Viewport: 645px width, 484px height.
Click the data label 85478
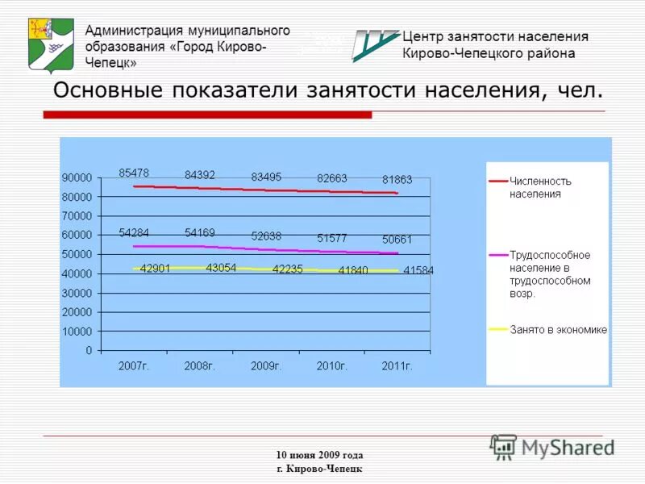134,173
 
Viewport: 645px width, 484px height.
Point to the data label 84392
200,174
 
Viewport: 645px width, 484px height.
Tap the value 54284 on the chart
134,233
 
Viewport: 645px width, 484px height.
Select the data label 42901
155,269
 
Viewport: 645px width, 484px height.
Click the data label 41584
418,270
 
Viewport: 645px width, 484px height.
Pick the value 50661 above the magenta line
397,240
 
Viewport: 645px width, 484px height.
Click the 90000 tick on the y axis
77,177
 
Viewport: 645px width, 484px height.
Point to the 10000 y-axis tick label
77,332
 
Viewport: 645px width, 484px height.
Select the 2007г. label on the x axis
134,366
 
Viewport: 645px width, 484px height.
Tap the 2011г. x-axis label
397,366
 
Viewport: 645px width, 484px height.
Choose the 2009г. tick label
265,366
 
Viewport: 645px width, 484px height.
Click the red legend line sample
497,181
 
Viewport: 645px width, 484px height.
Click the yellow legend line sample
497,330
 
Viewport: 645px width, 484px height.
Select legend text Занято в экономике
559,330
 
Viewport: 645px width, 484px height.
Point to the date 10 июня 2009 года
319,455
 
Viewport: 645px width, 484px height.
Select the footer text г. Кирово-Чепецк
319,469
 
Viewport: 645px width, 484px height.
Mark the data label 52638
266,236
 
